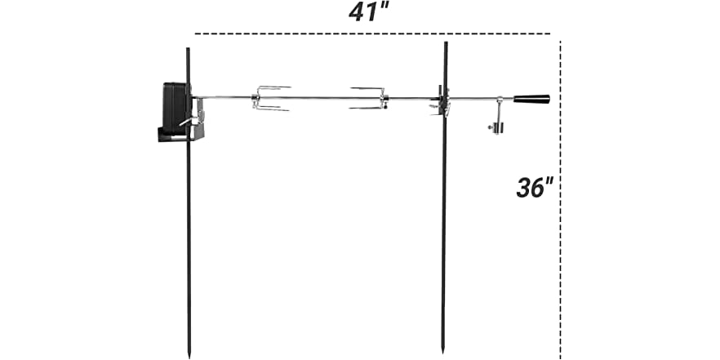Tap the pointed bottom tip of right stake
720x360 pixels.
[x=443, y=352]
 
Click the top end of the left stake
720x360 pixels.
[x=188, y=50]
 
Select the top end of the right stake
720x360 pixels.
[x=446, y=44]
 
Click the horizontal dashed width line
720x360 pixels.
[x=376, y=34]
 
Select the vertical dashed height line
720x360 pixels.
[x=560, y=245]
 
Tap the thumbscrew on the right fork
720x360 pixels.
[x=383, y=101]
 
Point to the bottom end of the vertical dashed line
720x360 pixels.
[x=560, y=358]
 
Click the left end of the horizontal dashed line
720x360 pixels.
[x=196, y=34]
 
